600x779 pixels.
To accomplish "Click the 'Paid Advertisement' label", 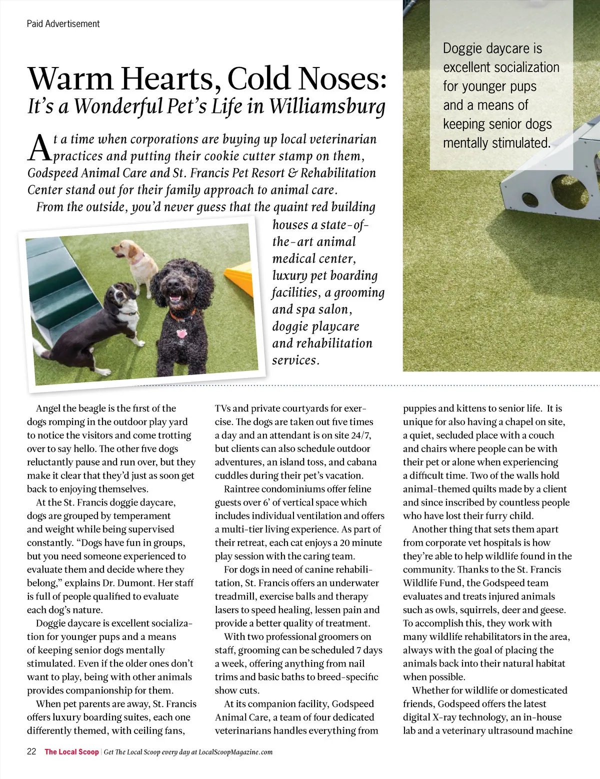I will (63, 23).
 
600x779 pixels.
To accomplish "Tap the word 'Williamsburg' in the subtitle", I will (327, 106).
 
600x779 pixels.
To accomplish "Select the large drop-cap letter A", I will (39, 148).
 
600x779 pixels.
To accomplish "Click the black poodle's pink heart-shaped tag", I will (181, 333).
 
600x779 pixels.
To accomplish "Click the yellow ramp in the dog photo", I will (240, 272).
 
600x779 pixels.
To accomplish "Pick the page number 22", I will (31, 751).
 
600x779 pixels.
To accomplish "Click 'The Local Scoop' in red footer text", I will (71, 751).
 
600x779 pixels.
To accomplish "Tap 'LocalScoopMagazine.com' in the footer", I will (235, 752).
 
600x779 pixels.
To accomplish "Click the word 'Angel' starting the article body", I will (49, 408).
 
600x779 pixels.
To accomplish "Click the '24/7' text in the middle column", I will (360, 435).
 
